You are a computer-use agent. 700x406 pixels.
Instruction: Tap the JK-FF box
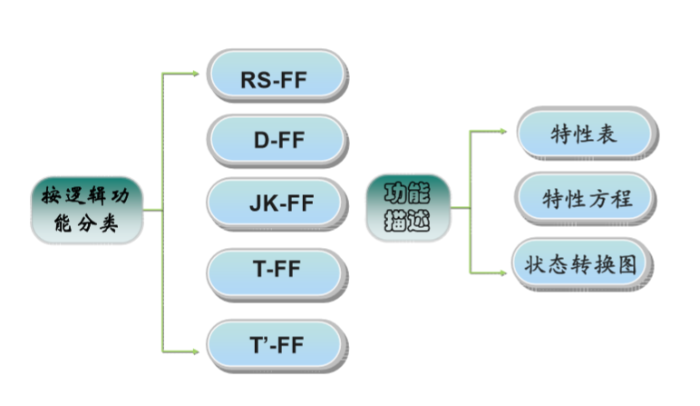[276, 203]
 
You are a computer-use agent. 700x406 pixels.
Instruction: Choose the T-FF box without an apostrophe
[276, 270]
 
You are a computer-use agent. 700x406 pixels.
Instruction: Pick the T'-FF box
[276, 344]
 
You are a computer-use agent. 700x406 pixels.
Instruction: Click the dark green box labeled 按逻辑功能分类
[87, 210]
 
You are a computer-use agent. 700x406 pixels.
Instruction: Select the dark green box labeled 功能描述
[408, 207]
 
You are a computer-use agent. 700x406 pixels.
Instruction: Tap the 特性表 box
[585, 133]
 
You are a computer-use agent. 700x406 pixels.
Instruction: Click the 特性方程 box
[585, 198]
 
